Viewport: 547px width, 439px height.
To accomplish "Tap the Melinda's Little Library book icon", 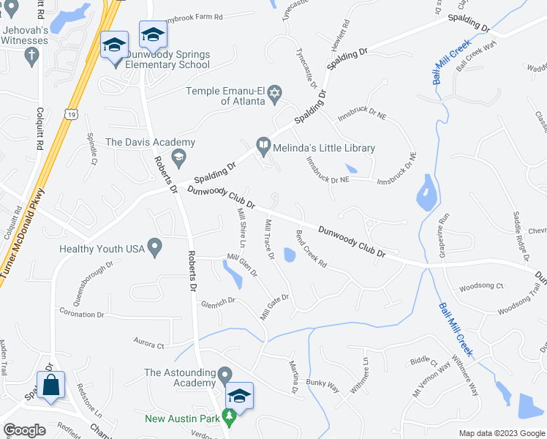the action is [x=263, y=148].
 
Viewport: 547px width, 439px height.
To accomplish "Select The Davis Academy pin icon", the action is [x=178, y=157].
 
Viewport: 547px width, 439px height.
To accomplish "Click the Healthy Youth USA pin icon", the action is [x=154, y=249].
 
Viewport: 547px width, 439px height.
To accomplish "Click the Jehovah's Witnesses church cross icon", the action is [x=31, y=56].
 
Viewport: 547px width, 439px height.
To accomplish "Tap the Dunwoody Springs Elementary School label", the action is [x=167, y=59].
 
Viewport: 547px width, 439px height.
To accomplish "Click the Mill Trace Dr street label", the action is [x=270, y=239].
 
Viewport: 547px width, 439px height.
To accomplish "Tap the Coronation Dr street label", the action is [x=82, y=315].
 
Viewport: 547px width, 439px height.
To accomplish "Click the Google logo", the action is [x=24, y=430].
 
